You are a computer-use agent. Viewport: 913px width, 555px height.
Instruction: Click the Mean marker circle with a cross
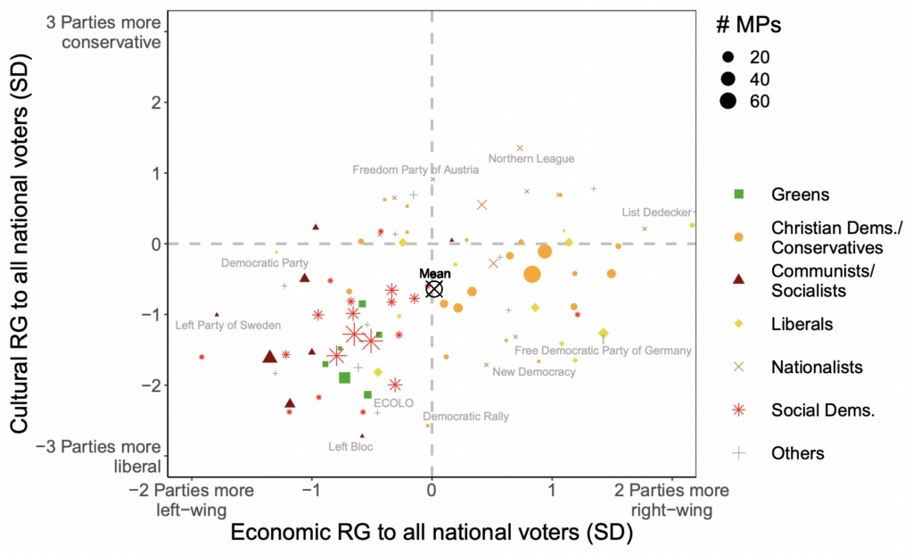point(434,288)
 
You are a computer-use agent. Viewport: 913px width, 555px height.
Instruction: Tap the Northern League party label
point(531,159)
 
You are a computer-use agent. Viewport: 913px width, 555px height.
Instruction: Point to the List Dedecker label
point(656,212)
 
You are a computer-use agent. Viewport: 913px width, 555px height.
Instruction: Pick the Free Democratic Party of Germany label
point(603,351)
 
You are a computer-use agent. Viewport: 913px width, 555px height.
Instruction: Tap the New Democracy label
point(534,371)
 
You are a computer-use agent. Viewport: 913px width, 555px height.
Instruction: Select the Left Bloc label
point(350,446)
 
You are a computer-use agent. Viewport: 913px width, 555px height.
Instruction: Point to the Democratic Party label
point(265,263)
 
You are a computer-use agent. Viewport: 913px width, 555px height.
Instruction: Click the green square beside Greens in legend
point(738,194)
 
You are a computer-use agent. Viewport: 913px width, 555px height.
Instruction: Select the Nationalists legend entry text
point(817,367)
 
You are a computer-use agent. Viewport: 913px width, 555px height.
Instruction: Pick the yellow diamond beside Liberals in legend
point(738,324)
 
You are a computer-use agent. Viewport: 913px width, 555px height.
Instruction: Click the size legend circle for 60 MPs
point(728,101)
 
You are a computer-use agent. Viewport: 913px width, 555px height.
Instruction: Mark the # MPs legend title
point(749,26)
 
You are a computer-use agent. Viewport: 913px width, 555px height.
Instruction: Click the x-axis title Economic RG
point(432,533)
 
